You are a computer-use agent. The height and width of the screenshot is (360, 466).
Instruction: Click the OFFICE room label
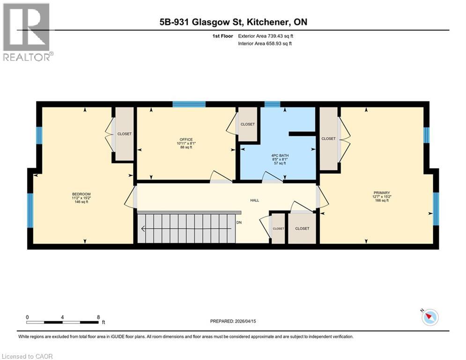pos(186,139)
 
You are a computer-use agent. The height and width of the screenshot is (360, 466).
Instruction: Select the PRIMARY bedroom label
pos(381,193)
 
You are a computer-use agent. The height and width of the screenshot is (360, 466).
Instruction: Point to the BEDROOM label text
pos(81,194)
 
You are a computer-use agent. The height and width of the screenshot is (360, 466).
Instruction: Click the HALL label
pos(254,200)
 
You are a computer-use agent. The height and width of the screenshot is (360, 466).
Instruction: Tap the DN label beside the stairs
pos(239,223)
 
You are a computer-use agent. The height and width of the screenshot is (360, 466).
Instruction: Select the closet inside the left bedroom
pos(124,134)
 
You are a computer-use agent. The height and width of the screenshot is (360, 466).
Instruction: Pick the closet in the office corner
pos(247,124)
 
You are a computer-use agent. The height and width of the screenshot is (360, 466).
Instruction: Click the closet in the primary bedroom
pos(328,139)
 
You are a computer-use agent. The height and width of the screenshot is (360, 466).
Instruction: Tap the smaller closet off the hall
pos(278,229)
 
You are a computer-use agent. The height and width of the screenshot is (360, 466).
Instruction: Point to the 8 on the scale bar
pos(98,317)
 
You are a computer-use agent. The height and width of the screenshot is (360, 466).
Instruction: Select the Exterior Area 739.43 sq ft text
pos(266,36)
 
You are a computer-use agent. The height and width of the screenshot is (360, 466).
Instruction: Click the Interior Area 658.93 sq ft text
pos(266,44)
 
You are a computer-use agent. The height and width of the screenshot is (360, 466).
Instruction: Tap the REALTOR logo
pos(27,31)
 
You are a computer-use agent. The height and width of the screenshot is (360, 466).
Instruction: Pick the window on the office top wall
pos(188,104)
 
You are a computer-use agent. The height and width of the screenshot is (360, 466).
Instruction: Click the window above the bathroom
pos(272,104)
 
